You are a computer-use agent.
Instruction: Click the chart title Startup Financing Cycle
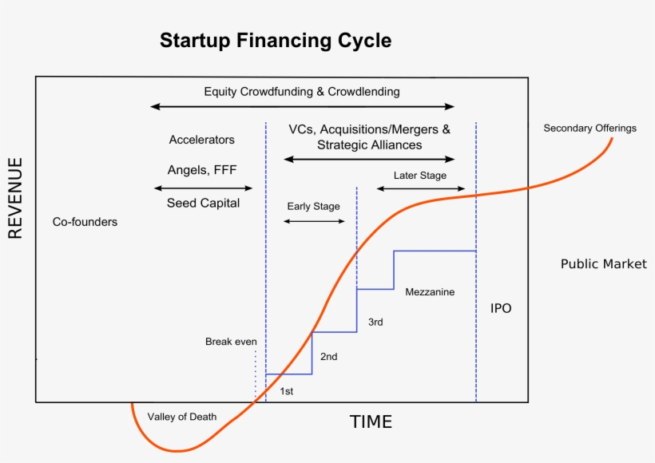[x=276, y=41]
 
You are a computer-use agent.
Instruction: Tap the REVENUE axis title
[x=16, y=198]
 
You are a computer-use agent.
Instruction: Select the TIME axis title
[x=371, y=422]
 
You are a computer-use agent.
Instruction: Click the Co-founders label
[x=85, y=222]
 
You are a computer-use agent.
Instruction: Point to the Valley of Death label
[x=181, y=417]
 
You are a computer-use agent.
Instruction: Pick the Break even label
[x=231, y=342]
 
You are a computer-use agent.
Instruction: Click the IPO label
[x=501, y=308]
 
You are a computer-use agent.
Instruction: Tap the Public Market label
[x=603, y=264]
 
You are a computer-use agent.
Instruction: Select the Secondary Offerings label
[x=589, y=128]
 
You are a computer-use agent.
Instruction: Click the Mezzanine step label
[x=430, y=292]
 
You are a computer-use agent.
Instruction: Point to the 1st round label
[x=286, y=391]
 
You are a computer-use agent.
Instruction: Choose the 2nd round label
[x=328, y=357]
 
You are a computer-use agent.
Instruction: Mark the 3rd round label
[x=375, y=323]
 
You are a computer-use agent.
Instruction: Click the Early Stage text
[x=313, y=206]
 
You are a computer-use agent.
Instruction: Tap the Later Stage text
[x=419, y=176]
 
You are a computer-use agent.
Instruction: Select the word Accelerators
[x=201, y=140]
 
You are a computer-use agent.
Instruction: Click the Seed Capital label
[x=203, y=204]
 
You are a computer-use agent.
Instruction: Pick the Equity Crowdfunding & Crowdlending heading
[x=301, y=92]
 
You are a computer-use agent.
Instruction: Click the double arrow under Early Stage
[x=314, y=221]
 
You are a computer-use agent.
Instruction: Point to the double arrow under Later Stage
[x=420, y=189]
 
